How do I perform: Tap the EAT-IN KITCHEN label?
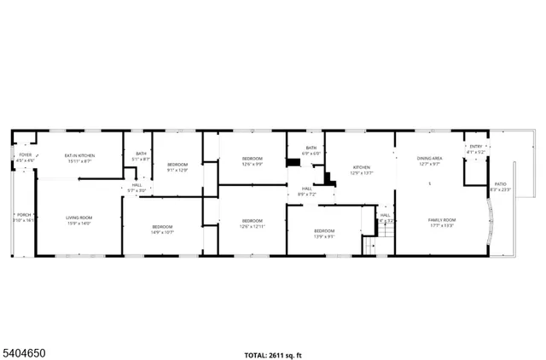pyautogui.click(x=79, y=155)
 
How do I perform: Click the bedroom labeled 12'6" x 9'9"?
pyautogui.click(x=252, y=160)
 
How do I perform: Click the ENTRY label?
pyautogui.click(x=476, y=147)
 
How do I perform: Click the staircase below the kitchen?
pyautogui.click(x=369, y=246)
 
